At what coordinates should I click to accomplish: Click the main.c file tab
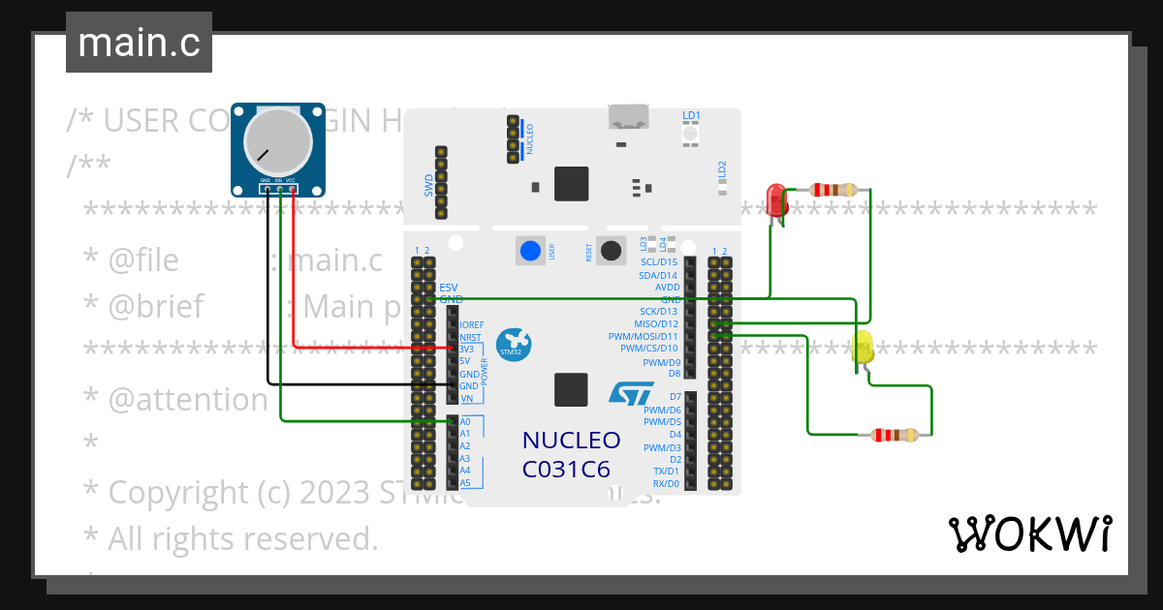pyautogui.click(x=139, y=44)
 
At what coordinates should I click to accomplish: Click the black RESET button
pyautogui.click(x=611, y=251)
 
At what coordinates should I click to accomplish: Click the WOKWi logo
pyautogui.click(x=1029, y=534)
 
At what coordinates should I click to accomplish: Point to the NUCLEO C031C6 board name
pyautogui.click(x=571, y=454)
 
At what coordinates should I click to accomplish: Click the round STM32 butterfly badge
pyautogui.click(x=513, y=344)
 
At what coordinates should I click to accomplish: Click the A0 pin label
pyautogui.click(x=465, y=422)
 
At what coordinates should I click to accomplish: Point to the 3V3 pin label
pyautogui.click(x=466, y=348)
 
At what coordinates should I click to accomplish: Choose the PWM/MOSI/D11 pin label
pyautogui.click(x=644, y=336)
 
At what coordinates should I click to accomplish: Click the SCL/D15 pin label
pyautogui.click(x=659, y=262)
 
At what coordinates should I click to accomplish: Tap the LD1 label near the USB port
pyautogui.click(x=691, y=115)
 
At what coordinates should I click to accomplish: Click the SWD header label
pyautogui.click(x=429, y=186)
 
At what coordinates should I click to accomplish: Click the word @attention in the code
pyautogui.click(x=188, y=399)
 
